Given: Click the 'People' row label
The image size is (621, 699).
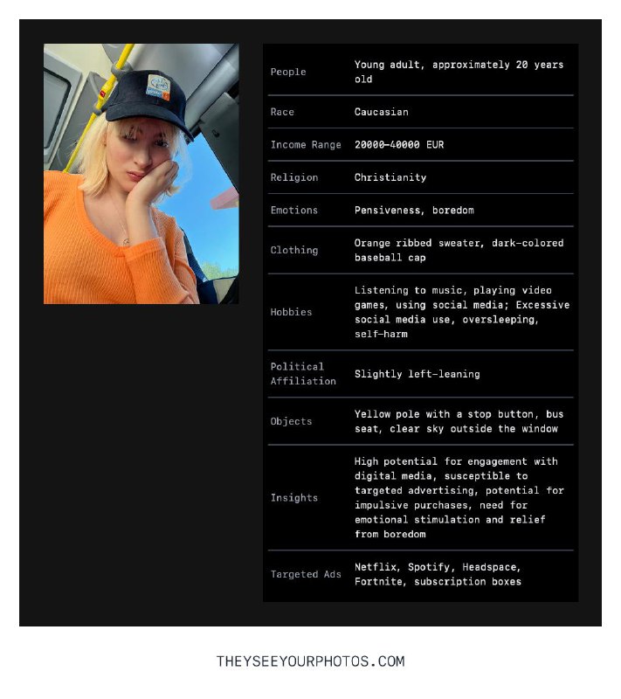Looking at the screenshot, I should coord(288,72).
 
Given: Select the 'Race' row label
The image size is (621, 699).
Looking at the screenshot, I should coord(282,112).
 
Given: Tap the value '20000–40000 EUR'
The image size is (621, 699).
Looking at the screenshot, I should coord(398,144).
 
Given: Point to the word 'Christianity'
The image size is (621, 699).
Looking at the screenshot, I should coord(390,177).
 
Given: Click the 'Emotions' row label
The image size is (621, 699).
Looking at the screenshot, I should coord(294,210).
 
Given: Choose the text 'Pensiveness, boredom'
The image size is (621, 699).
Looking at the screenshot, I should coord(414,210).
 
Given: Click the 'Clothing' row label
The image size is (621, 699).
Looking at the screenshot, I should coord(294,250).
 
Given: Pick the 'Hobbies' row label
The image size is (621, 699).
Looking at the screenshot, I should coord(291,312).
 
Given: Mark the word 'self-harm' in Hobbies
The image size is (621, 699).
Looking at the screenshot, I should coord(381,334).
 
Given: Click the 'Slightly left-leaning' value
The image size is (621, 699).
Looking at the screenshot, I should coord(417,374).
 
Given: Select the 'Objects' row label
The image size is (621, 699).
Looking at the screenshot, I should coord(291,421).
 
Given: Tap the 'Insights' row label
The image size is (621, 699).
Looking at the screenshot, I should coord(294,497).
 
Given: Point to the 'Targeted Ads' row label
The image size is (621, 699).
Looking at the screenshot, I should coord(306,574).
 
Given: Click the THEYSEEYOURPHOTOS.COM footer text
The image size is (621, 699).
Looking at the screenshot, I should coord(310,661).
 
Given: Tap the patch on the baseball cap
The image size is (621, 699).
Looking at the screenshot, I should coord(159,85).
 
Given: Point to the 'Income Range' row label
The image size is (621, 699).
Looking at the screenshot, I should coord(306,144).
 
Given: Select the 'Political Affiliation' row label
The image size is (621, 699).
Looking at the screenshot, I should coord(303,374).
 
